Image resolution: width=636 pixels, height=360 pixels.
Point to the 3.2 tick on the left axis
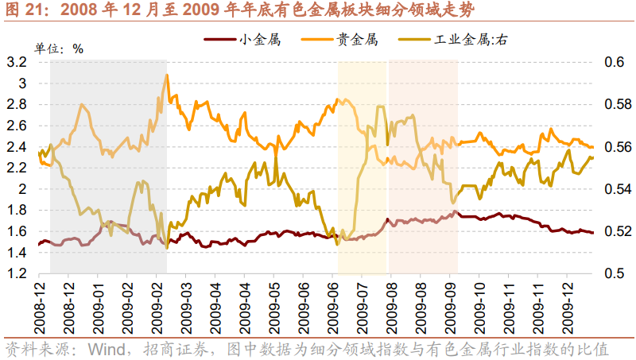(x=17, y=62)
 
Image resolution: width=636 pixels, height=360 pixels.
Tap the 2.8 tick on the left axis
(x=17, y=104)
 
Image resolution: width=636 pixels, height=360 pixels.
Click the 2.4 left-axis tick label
(x=17, y=147)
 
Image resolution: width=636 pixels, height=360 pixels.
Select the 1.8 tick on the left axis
(x=17, y=211)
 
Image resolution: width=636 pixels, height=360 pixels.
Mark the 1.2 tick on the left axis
(x=17, y=274)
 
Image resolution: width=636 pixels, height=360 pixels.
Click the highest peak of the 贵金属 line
(x=167, y=75)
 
